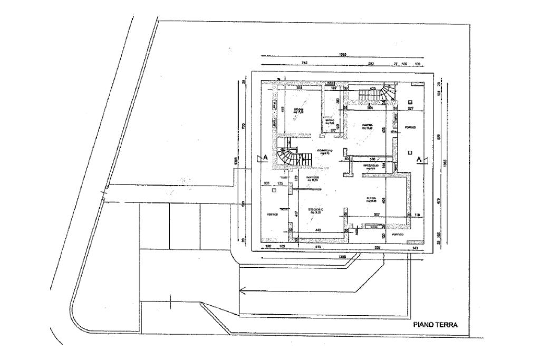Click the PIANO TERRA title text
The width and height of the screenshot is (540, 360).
point(436,326)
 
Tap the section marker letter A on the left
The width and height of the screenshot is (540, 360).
point(265,158)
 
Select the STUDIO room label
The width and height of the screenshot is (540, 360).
point(299,111)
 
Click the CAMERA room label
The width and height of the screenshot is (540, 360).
point(367,126)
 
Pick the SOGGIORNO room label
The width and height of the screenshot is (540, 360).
point(315,211)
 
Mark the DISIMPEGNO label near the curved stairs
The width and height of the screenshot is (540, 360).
point(323,152)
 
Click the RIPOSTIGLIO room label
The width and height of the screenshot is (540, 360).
point(371,166)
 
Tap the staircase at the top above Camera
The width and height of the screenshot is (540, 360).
point(376,95)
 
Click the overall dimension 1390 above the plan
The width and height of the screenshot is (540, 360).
point(343,55)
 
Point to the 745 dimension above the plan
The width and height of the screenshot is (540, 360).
point(304,63)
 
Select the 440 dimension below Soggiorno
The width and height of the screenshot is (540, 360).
point(319,230)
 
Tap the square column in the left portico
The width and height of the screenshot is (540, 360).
point(274,192)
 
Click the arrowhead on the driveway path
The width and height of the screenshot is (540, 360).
point(242,289)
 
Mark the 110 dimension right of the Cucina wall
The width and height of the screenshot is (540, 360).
point(418,215)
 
